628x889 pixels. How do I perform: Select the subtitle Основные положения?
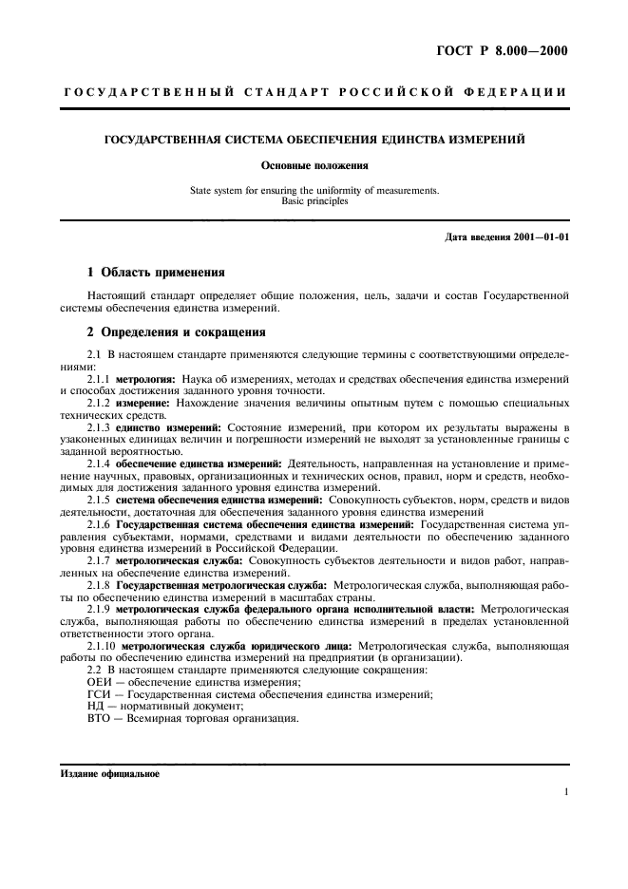(x=313, y=165)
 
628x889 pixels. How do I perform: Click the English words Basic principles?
(x=313, y=201)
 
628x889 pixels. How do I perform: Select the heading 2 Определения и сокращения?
(x=169, y=333)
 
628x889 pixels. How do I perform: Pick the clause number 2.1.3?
(x=100, y=427)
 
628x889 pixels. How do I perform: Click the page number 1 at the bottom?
(x=565, y=790)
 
